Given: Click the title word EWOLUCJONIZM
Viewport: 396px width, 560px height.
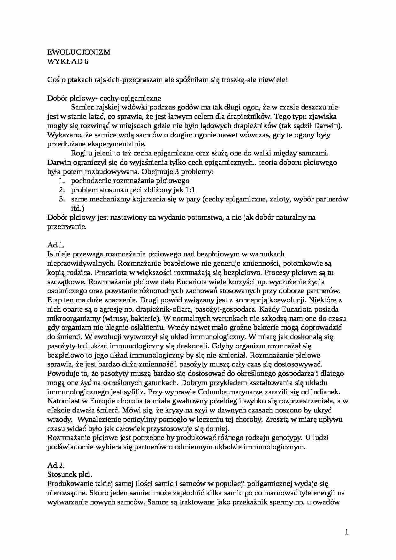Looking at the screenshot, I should click(79, 52).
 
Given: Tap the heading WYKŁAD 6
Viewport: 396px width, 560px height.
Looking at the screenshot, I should click(68, 61).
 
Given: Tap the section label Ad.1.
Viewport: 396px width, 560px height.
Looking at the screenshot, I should click(56, 245).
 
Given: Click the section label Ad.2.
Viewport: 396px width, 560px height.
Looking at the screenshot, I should click(56, 465).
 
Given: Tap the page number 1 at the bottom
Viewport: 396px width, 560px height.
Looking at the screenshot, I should click(347, 532).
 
